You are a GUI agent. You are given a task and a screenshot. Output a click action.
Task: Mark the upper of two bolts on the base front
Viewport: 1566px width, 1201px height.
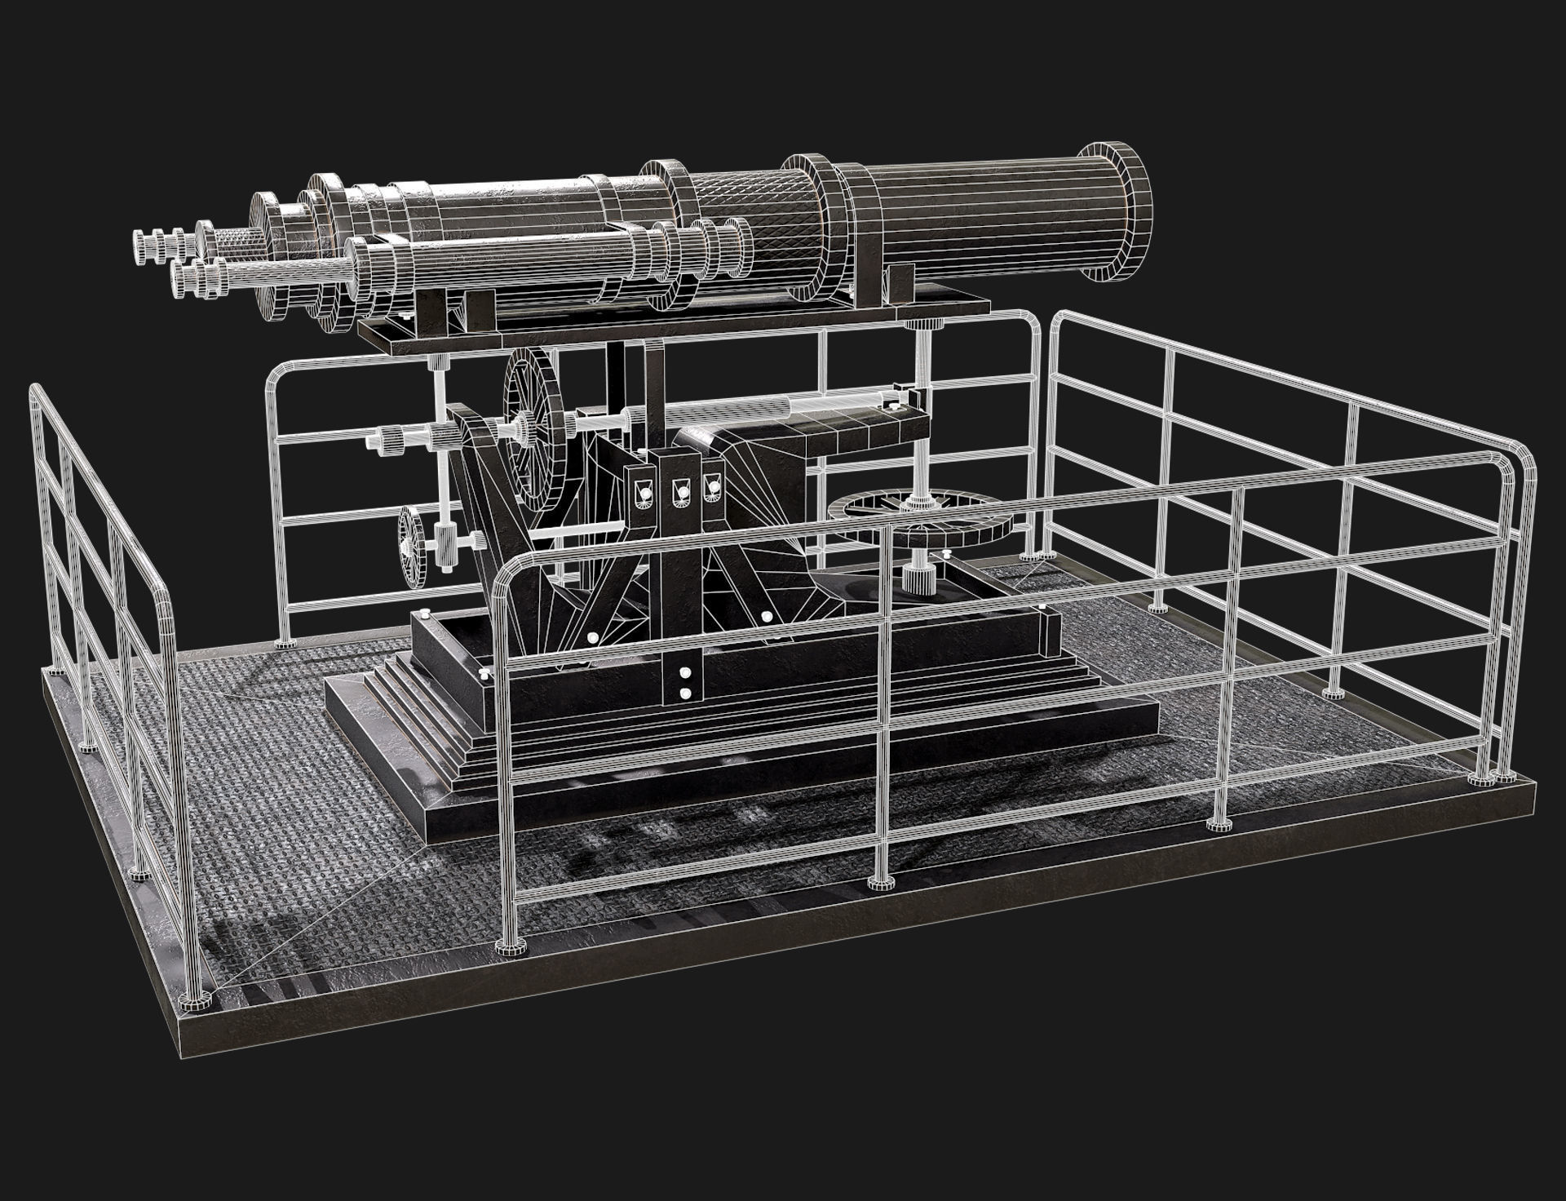pyautogui.click(x=684, y=674)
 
